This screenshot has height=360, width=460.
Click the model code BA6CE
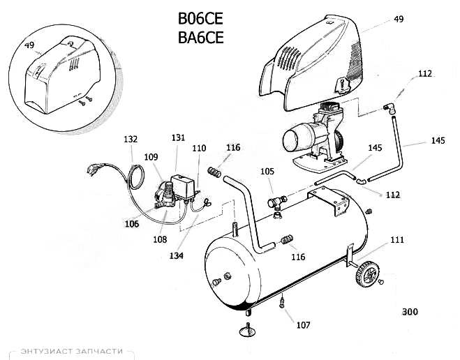pos(200,38)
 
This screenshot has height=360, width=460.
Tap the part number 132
pos(131,140)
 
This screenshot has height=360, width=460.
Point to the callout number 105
pos(267,172)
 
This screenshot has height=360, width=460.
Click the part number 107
pos(303,324)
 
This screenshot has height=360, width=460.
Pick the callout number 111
pos(396,240)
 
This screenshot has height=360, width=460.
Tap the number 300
pos(410,312)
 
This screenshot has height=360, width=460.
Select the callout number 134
pos(176,256)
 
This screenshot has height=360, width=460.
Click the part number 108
pos(161,239)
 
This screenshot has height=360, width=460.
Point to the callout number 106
pos(132,223)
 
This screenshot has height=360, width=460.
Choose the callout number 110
pos(199,149)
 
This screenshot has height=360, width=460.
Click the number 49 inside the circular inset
pos(29,45)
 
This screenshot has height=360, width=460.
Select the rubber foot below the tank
pos(248,330)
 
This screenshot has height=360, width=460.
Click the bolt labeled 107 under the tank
pos(281,303)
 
